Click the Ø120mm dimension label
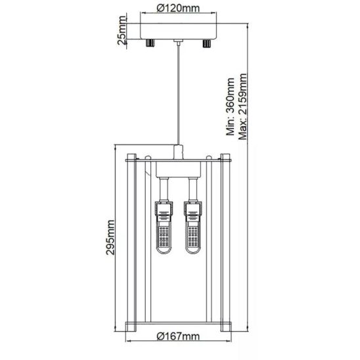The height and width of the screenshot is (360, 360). (178, 9)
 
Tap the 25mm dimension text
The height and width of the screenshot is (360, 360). (122, 30)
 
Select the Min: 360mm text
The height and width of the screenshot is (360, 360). (231, 106)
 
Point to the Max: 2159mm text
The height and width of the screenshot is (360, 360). (242, 106)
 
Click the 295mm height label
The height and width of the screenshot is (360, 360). (110, 237)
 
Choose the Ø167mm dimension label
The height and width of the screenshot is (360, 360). (178, 336)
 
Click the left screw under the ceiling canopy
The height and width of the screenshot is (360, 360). (150, 43)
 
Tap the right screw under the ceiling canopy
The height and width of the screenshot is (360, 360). (207, 43)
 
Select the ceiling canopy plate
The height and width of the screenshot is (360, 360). (179, 32)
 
